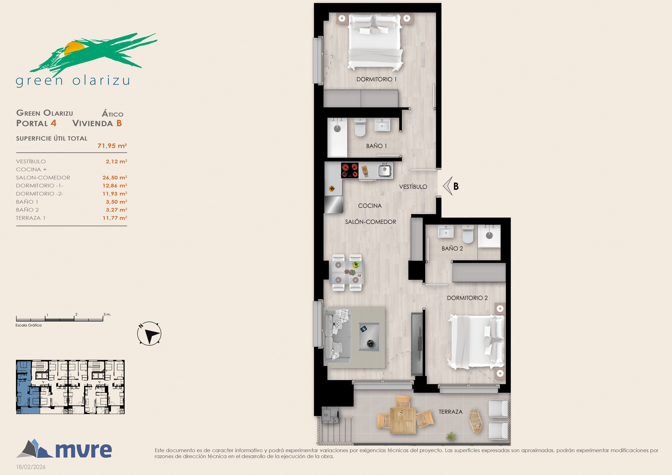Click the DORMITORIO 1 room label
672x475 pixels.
tap(376, 79)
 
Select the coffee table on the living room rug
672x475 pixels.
tap(369, 336)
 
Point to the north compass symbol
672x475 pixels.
tap(149, 334)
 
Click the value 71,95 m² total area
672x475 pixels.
tap(112, 146)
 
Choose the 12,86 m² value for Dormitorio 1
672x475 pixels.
tap(115, 186)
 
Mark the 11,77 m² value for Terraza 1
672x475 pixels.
tap(115, 218)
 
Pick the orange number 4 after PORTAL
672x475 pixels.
tap(53, 123)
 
